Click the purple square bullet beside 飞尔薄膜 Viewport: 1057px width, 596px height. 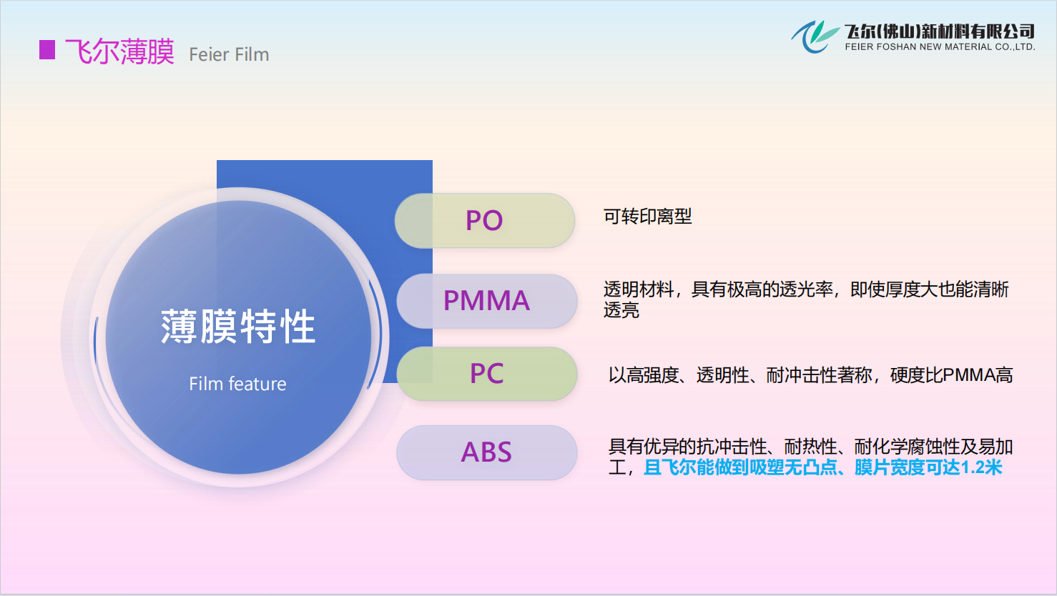pyautogui.click(x=47, y=50)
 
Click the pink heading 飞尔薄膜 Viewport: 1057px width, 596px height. pyautogui.click(x=119, y=51)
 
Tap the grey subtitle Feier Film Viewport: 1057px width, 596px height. pyautogui.click(x=229, y=55)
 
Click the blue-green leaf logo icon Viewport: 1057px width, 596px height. pyautogui.click(x=815, y=36)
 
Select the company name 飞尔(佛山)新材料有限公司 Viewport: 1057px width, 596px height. pyautogui.click(x=940, y=31)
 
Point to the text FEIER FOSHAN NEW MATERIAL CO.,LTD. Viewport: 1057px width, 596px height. pyautogui.click(x=940, y=46)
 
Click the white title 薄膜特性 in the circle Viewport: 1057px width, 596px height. pyautogui.click(x=238, y=327)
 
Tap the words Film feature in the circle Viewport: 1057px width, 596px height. pyautogui.click(x=238, y=384)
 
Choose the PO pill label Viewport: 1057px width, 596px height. pyautogui.click(x=485, y=221)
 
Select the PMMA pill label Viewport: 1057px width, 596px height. pyautogui.click(x=487, y=301)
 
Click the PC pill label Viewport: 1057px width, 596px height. pyautogui.click(x=487, y=374)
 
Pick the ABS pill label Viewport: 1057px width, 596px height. pyautogui.click(x=487, y=452)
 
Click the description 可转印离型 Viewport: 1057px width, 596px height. pyautogui.click(x=647, y=217)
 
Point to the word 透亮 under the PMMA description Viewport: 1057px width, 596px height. pyautogui.click(x=621, y=310)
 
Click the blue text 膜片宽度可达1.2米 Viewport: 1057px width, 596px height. pyautogui.click(x=928, y=468)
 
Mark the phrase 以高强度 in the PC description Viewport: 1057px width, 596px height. pyautogui.click(x=644, y=375)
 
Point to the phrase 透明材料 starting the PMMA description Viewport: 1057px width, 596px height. pyautogui.click(x=639, y=289)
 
